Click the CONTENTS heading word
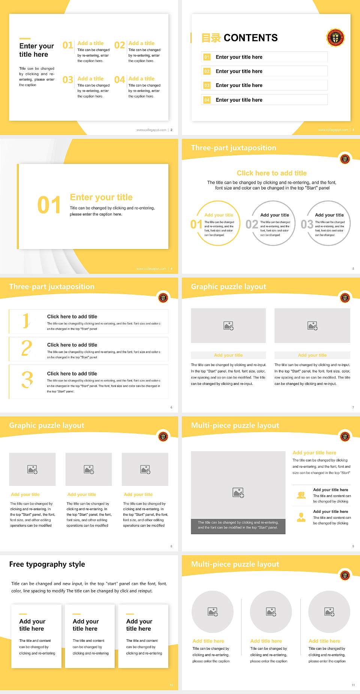(x=250, y=38)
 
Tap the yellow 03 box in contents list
(x=207, y=86)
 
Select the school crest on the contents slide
(x=335, y=38)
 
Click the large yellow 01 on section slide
(x=49, y=205)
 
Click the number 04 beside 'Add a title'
(x=120, y=80)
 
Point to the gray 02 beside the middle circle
(x=252, y=224)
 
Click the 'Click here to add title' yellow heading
(x=271, y=173)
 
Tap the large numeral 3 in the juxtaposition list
(x=27, y=380)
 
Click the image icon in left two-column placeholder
(x=228, y=326)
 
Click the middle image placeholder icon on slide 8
(x=89, y=469)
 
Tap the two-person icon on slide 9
(x=301, y=495)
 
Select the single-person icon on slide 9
(x=301, y=517)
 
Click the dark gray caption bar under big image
(x=238, y=525)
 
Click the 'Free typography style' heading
(x=47, y=564)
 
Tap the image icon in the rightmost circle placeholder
(x=329, y=612)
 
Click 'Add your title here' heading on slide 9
(x=314, y=453)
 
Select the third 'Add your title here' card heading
(x=139, y=625)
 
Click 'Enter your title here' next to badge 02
(x=239, y=71)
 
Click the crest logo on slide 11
(x=345, y=575)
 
